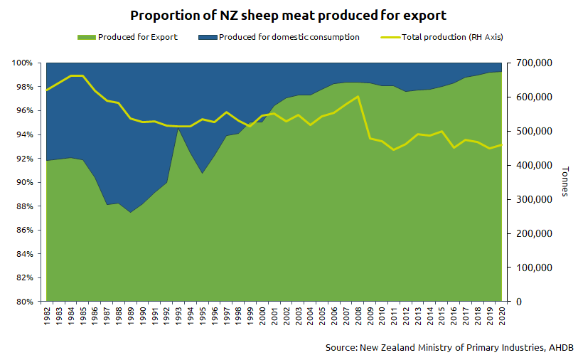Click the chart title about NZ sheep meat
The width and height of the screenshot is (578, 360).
point(289,15)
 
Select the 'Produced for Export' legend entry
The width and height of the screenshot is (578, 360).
point(138,37)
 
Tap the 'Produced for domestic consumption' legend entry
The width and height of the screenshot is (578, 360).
point(289,37)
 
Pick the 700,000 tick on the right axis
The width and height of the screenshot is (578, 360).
point(531,63)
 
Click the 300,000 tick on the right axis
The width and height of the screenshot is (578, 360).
point(531,200)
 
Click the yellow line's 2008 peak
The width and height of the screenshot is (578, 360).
point(358,96)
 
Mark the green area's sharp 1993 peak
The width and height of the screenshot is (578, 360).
point(178,129)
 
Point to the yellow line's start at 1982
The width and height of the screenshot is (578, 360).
point(47,90)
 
